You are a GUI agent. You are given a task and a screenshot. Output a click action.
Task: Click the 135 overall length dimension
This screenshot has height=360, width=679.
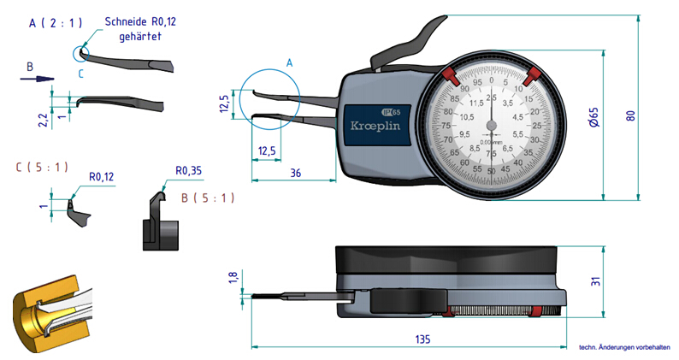pos(422,339)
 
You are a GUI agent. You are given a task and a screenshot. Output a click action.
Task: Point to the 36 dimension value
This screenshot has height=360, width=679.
pos(294,173)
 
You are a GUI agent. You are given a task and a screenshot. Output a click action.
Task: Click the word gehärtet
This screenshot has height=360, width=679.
pos(141,38)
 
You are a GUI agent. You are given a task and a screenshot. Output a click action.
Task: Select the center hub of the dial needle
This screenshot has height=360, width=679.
pos(491,126)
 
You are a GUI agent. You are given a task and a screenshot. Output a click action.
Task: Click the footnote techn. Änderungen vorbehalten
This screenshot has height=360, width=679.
pos(624,347)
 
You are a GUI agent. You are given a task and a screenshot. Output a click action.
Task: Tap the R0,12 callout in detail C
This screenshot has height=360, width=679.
pos(103,177)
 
